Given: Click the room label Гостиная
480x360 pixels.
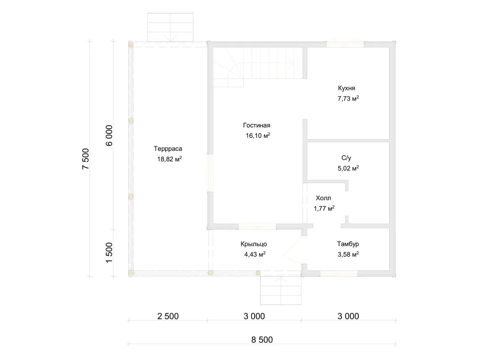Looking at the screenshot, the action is coord(257,125).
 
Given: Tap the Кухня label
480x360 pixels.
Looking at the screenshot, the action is coord(347,88).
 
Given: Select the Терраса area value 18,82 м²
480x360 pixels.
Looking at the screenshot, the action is coord(169,159).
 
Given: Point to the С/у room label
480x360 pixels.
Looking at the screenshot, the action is coord(346,158).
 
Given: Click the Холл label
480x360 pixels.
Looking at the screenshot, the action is coord(323,198).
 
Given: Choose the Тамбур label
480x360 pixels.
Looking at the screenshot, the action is coord(348,244).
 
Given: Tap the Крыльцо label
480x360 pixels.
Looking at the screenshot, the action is coord(254,244).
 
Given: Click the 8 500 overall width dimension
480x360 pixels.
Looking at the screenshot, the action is coord(262,340).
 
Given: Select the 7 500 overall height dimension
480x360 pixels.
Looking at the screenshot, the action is coord(86,159).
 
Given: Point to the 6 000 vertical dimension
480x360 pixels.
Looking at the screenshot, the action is coord(109,136).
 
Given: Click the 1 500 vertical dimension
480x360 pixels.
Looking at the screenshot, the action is coord(109,253).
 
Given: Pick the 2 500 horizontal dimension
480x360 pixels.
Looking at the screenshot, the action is coord(168,316).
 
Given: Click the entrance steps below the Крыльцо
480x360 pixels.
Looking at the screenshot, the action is coord(281,290).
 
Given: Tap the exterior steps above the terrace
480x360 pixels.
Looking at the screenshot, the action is coord(170,27).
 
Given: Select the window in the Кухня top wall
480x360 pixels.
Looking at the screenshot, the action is coord(345,44).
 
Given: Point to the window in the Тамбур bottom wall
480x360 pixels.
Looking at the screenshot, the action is coord(339,273).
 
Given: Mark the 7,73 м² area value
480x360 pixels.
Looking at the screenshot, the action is coord(348,99).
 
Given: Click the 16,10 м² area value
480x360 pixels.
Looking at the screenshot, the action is coord(258,136).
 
